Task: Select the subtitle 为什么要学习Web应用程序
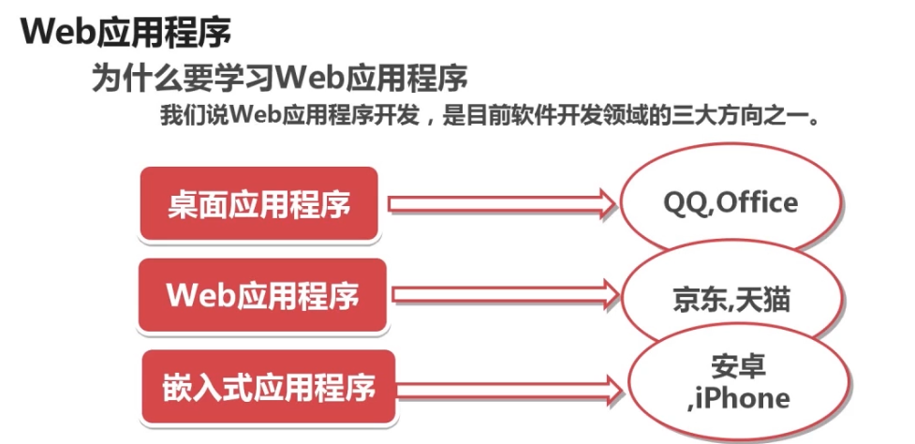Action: click(x=278, y=76)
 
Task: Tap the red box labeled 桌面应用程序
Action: click(x=259, y=203)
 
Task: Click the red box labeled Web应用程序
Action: click(x=262, y=296)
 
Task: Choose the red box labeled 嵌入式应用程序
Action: click(x=260, y=386)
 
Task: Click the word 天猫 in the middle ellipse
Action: click(x=763, y=299)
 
